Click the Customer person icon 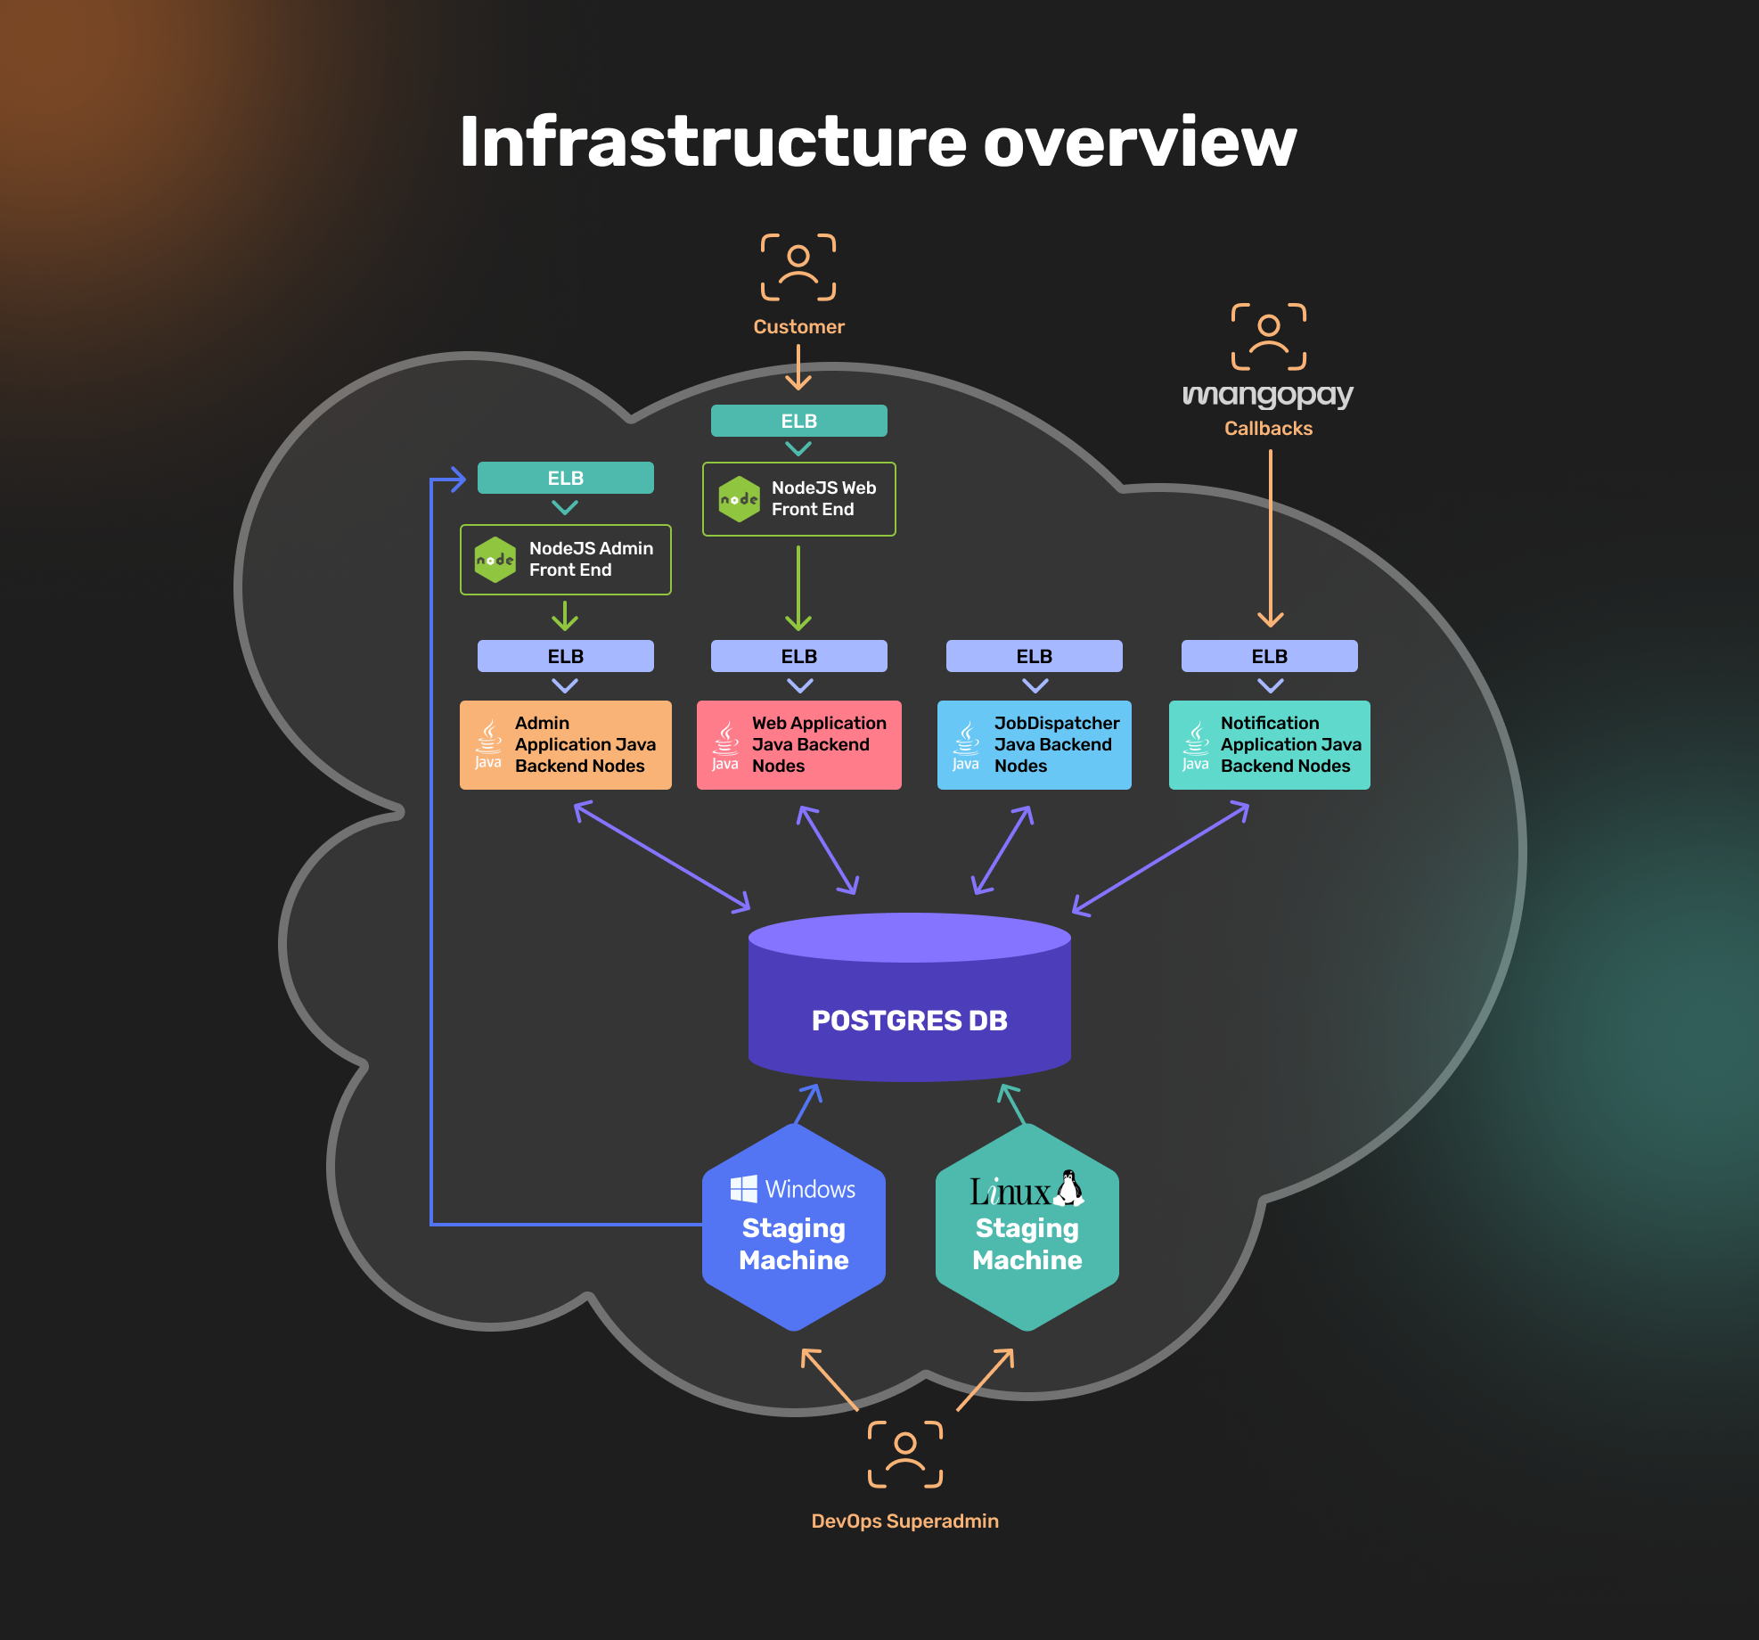tap(798, 267)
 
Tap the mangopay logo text tap(1268, 394)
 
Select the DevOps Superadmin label tap(904, 1521)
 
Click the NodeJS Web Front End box tap(799, 499)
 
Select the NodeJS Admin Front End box tap(566, 560)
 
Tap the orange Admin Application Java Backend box tap(566, 745)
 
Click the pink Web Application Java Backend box tap(799, 745)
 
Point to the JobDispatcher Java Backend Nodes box tap(1035, 745)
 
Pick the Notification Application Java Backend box tap(1270, 745)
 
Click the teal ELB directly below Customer tap(799, 421)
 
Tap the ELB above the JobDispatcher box tap(1035, 656)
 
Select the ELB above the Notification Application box tap(1270, 656)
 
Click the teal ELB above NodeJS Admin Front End tap(566, 478)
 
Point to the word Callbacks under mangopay tap(1268, 429)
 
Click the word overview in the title tap(1140, 143)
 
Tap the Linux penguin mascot tap(1069, 1188)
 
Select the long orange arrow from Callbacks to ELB tap(1271, 535)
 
